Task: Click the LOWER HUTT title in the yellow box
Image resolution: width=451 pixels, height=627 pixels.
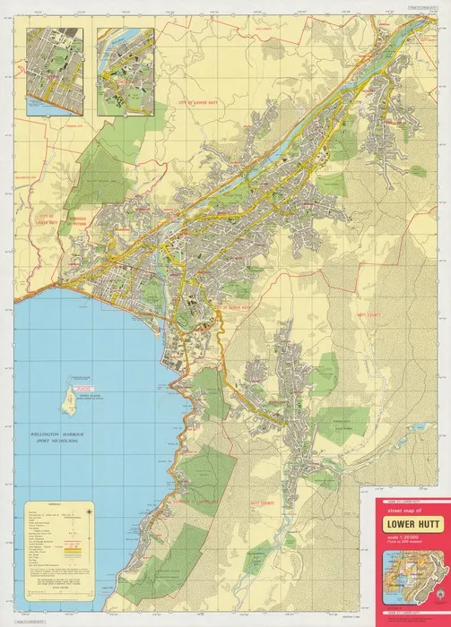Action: [407, 517]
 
